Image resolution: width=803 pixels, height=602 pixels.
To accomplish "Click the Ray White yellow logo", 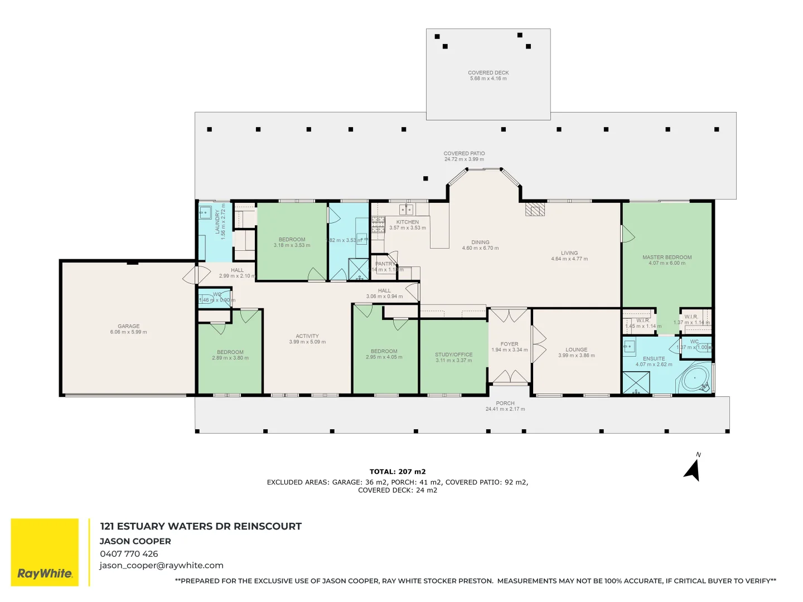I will pos(45,552).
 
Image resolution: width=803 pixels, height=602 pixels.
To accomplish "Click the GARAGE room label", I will pos(129,327).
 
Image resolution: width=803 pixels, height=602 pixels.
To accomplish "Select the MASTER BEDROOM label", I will pos(667,258).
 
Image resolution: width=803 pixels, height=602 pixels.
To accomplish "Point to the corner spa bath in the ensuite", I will pos(695,379).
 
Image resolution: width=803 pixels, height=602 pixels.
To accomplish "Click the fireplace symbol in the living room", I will pos(535,209).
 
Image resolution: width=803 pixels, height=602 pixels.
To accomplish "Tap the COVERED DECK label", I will pos(488,72).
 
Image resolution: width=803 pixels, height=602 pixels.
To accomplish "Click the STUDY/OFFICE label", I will pos(453,355).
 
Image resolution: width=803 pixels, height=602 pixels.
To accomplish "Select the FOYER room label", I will pos(509,344).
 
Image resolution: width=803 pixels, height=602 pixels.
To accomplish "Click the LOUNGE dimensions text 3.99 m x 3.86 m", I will pos(577,356).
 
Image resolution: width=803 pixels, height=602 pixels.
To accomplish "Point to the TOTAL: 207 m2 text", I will pos(398,472).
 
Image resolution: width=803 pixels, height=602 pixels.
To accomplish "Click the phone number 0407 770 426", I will pos(129,554).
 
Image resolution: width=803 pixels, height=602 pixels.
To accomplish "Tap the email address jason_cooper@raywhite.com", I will pos(161,565).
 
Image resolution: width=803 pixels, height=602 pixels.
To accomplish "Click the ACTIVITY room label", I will pos(307,336).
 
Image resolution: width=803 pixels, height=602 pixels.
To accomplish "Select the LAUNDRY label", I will pos(217,222).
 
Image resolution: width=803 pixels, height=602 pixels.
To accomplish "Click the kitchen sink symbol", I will pos(407,210).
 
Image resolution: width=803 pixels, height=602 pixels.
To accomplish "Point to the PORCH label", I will pos(505,403).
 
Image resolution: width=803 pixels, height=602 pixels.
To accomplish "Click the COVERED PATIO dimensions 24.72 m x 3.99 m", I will pos(464,159).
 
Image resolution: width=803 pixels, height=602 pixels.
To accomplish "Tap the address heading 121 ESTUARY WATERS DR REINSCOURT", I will pos(201,526).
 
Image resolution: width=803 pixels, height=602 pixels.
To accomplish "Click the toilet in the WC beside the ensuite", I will pos(704,347).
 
